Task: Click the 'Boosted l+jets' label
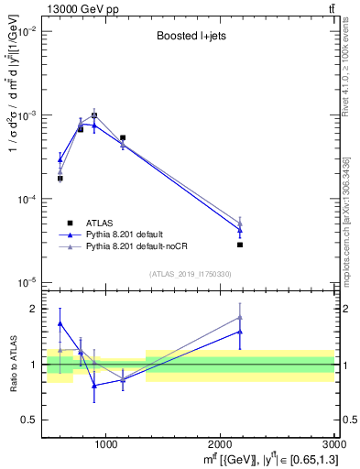(191, 38)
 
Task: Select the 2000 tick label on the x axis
(221, 444)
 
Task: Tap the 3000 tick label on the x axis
(334, 444)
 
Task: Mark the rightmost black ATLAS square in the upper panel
(240, 245)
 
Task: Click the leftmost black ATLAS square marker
(60, 178)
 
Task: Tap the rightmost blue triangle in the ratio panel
(240, 332)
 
